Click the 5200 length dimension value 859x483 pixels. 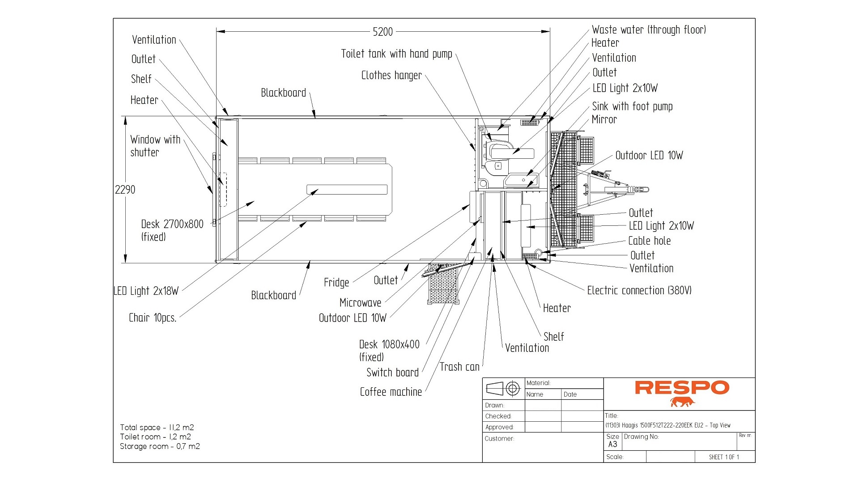point(383,32)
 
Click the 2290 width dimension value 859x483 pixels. point(125,190)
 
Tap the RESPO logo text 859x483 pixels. point(682,388)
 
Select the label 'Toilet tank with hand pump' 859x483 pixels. point(396,54)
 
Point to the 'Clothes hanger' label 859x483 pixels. point(391,76)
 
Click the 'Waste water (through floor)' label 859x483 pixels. point(649,30)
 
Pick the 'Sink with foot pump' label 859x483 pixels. point(632,106)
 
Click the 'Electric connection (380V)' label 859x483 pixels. point(639,291)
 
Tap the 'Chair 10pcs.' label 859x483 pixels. point(153,318)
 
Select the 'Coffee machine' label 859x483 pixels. point(391,392)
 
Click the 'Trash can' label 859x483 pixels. point(459,367)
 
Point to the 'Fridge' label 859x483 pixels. point(336,283)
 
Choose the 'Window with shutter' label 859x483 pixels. point(155,146)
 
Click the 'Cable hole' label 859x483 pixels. point(649,241)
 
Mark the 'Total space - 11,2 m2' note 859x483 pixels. point(157,428)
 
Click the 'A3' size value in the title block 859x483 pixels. point(612,444)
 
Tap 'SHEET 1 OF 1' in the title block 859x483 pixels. point(723,457)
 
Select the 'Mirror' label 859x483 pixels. point(604,120)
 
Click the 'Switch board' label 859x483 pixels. point(392,373)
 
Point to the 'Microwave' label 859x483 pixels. point(360,303)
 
